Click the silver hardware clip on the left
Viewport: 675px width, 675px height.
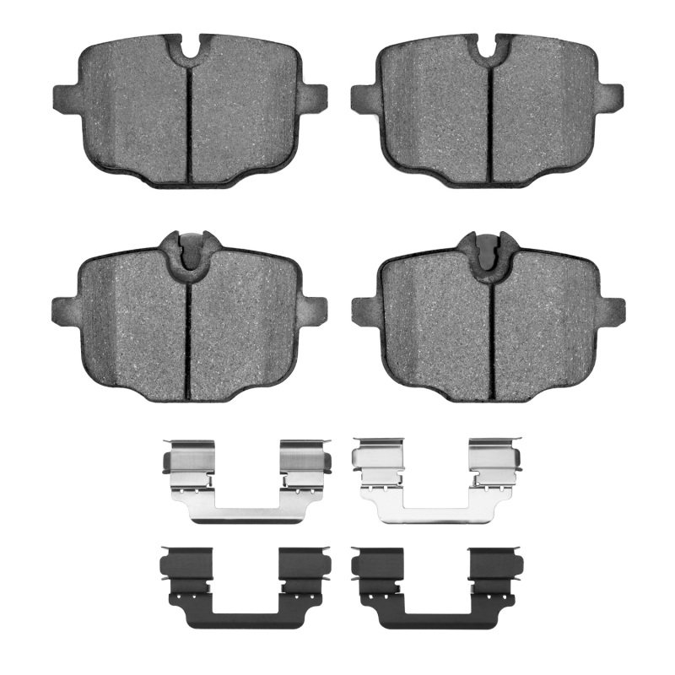[245, 481]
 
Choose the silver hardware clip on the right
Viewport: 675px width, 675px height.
[435, 481]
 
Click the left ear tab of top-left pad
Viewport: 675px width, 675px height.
[64, 96]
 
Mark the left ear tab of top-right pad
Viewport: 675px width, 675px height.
[363, 97]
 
